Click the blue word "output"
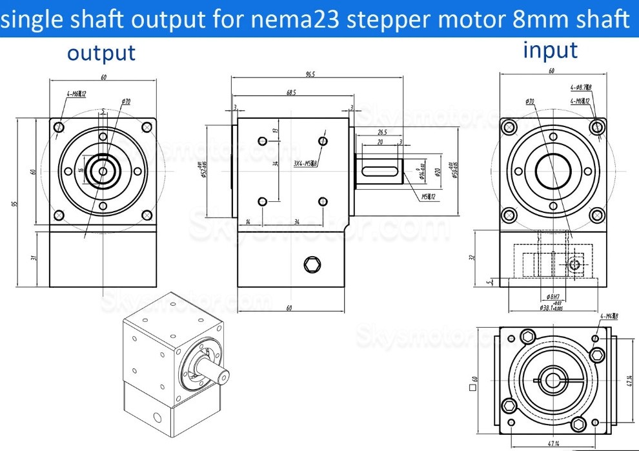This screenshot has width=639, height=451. coord(101,54)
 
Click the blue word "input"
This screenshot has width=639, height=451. coord(551,50)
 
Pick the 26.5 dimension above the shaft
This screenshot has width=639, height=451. coord(382,133)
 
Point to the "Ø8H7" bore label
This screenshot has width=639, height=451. coord(554,297)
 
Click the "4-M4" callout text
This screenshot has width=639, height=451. coord(609,316)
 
